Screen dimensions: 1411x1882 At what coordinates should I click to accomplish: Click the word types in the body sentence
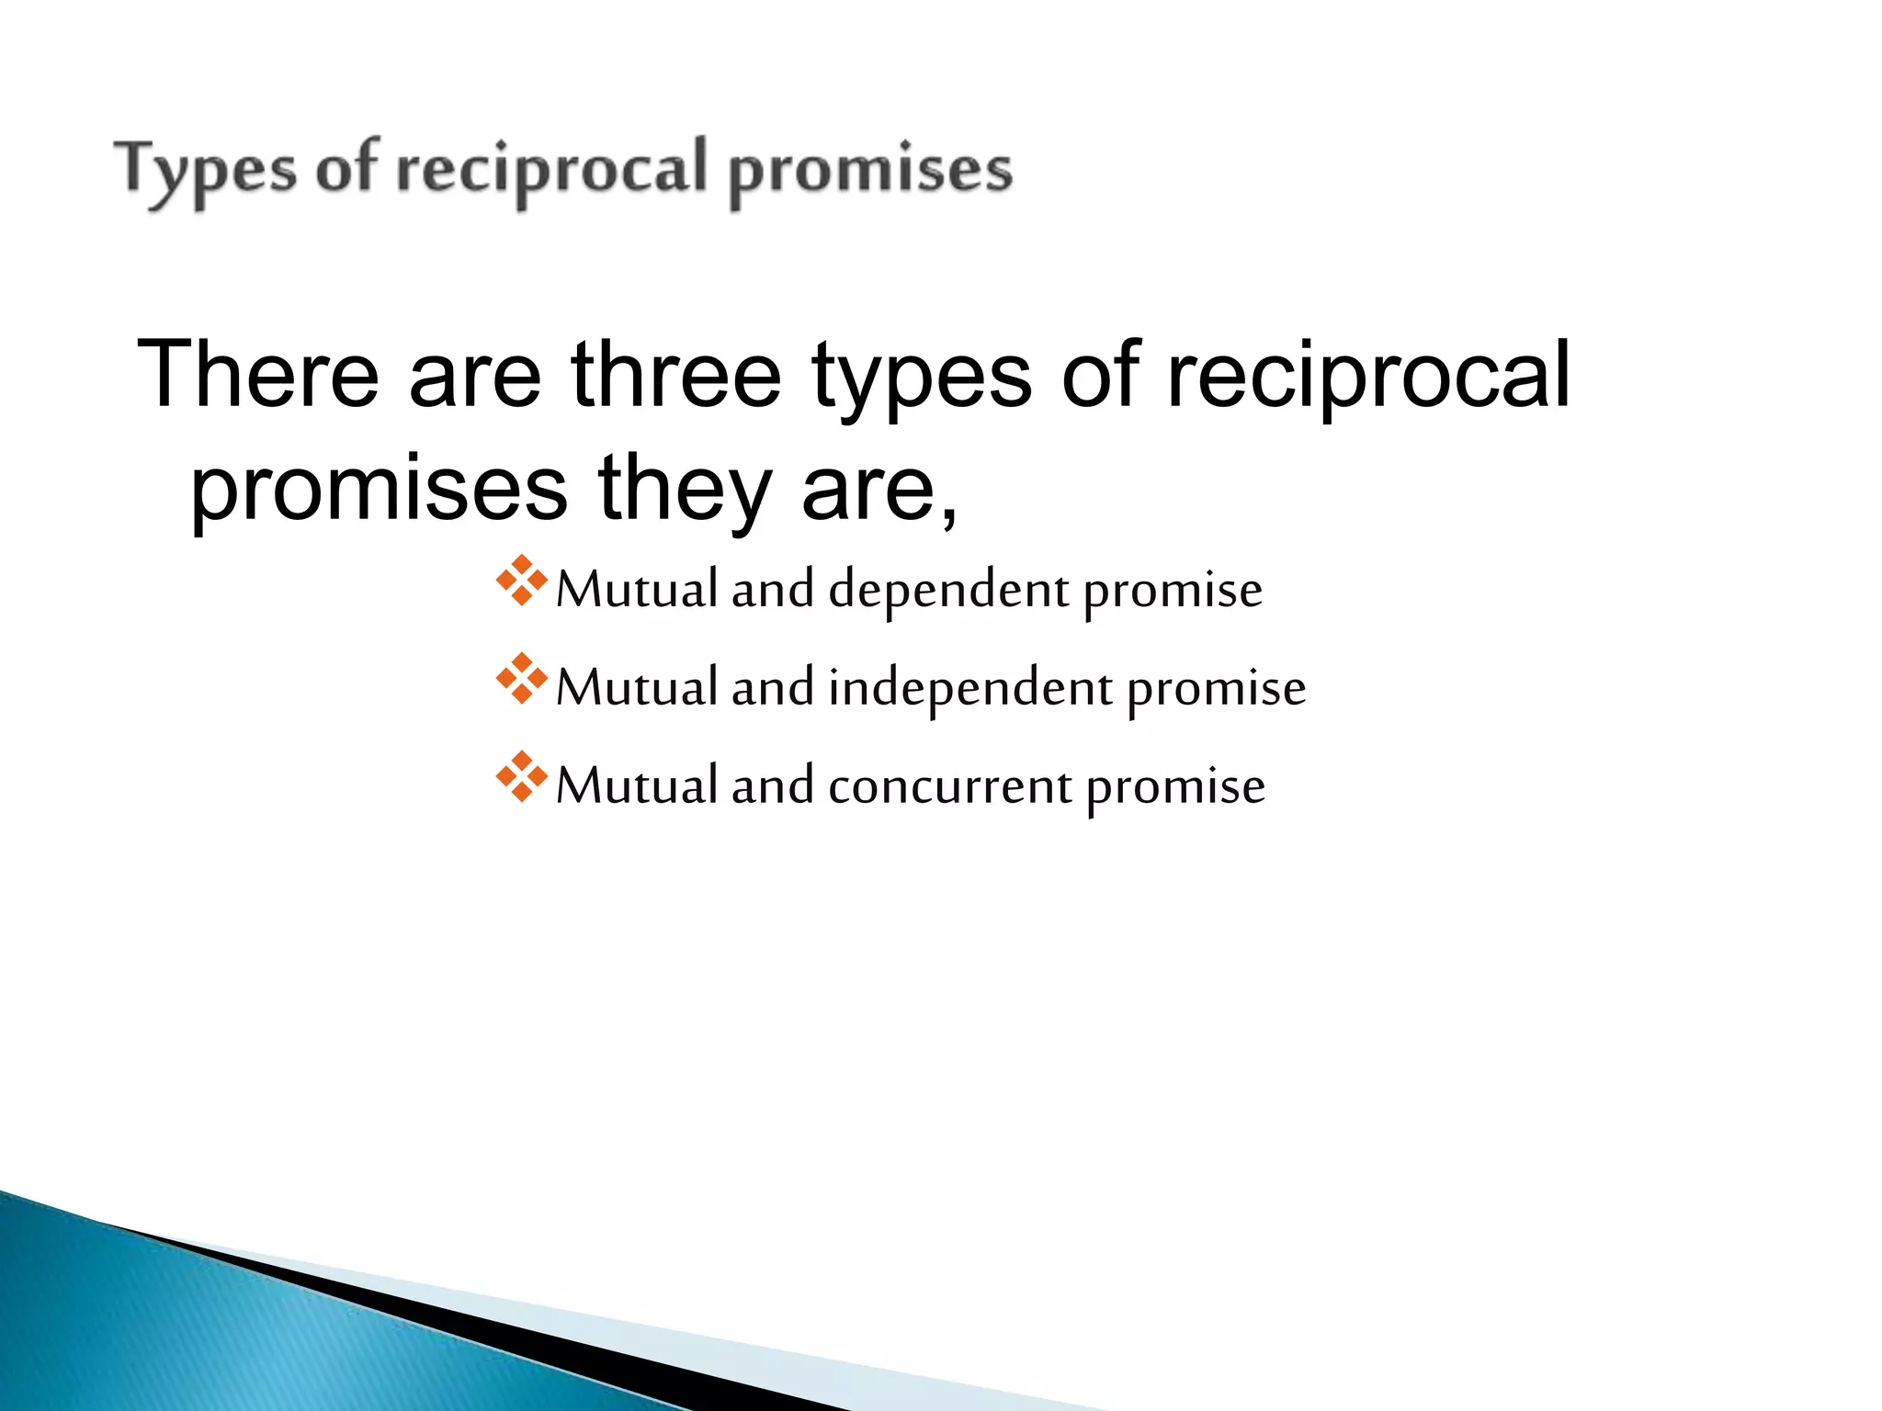(x=922, y=377)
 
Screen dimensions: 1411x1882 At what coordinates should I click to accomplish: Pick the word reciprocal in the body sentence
(x=1368, y=377)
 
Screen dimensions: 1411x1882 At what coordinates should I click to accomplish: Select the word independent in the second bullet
(x=970, y=689)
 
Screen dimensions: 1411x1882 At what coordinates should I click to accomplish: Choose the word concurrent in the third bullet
(x=949, y=787)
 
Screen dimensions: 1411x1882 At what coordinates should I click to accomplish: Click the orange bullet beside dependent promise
(x=521, y=581)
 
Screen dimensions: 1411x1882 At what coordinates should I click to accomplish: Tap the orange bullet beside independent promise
(x=521, y=679)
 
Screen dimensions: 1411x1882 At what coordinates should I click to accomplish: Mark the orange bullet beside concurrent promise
(x=521, y=777)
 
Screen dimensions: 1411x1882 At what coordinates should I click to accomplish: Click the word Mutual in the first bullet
(x=637, y=590)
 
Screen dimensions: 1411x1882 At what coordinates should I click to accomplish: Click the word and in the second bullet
(x=772, y=688)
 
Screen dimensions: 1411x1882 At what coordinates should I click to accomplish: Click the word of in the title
(x=346, y=170)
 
